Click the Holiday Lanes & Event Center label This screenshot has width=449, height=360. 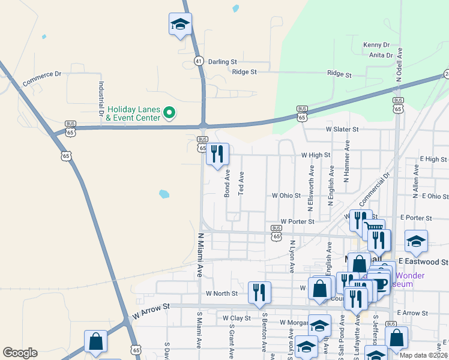click(x=133, y=113)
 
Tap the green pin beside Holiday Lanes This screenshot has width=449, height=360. click(x=169, y=112)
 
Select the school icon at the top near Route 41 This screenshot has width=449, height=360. click(x=179, y=25)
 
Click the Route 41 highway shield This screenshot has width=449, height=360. click(x=199, y=61)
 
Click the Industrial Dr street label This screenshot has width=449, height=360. click(x=101, y=98)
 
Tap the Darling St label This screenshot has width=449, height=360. click(x=222, y=62)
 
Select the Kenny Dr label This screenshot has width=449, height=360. click(x=376, y=45)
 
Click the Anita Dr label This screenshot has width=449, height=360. click(x=381, y=55)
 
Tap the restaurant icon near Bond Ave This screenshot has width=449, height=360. click(x=217, y=154)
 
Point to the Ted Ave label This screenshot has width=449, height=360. click(x=241, y=184)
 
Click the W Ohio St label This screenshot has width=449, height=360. click(x=286, y=196)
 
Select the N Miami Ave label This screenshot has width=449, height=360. click(x=200, y=255)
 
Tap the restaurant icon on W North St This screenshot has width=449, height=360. click(x=259, y=292)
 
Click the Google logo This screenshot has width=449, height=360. click(x=20, y=353)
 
